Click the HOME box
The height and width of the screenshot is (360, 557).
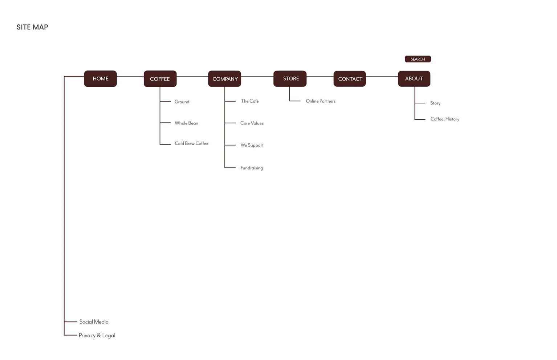pyautogui.click(x=101, y=79)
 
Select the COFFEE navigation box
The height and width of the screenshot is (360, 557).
pyautogui.click(x=160, y=79)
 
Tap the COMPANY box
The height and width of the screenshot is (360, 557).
pyautogui.click(x=224, y=79)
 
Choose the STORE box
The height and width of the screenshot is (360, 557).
pyautogui.click(x=290, y=79)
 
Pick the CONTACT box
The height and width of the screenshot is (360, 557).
pyautogui.click(x=350, y=79)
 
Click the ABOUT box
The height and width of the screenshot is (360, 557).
pyautogui.click(x=414, y=79)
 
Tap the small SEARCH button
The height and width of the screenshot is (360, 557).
pyautogui.click(x=418, y=59)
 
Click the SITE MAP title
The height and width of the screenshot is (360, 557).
pyautogui.click(x=32, y=27)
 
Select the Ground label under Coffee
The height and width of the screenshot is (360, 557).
pyautogui.click(x=182, y=102)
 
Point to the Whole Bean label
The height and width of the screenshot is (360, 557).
pyautogui.click(x=186, y=123)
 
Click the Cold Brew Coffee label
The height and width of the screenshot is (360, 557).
pyautogui.click(x=191, y=143)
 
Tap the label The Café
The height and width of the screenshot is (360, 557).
pyautogui.click(x=250, y=101)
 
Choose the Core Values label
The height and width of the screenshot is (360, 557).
pyautogui.click(x=252, y=123)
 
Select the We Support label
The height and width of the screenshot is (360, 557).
pyautogui.click(x=252, y=145)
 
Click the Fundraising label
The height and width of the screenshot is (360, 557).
pyautogui.click(x=252, y=168)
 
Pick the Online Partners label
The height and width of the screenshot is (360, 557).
pyautogui.click(x=321, y=101)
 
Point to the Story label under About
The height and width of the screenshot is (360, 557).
pyautogui.click(x=435, y=103)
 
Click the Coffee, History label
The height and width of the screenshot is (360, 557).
pyautogui.click(x=444, y=119)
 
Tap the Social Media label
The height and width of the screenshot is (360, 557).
pyautogui.click(x=94, y=322)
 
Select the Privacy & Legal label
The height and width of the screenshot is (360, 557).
pyautogui.click(x=97, y=335)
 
